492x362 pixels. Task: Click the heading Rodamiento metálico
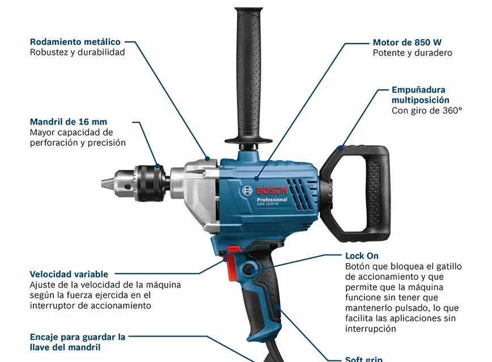click(x=75, y=42)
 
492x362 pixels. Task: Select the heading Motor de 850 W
click(x=407, y=42)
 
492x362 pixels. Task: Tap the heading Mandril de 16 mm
click(x=69, y=122)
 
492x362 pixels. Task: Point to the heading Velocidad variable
click(x=69, y=274)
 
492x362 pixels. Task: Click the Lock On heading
click(x=362, y=256)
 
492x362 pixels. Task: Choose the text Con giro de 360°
click(x=427, y=110)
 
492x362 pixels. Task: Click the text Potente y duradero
click(x=412, y=53)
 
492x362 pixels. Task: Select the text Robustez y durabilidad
click(x=77, y=52)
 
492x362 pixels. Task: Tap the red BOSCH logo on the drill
click(x=272, y=191)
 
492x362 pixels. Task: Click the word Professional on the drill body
click(x=272, y=200)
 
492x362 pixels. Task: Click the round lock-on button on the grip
click(x=249, y=269)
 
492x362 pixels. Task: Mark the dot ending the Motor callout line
click(x=257, y=179)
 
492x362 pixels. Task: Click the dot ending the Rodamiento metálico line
click(x=207, y=159)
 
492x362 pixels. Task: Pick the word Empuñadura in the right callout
click(x=418, y=90)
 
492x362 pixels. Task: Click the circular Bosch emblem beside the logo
click(x=247, y=191)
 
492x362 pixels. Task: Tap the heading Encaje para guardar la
click(x=78, y=337)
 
